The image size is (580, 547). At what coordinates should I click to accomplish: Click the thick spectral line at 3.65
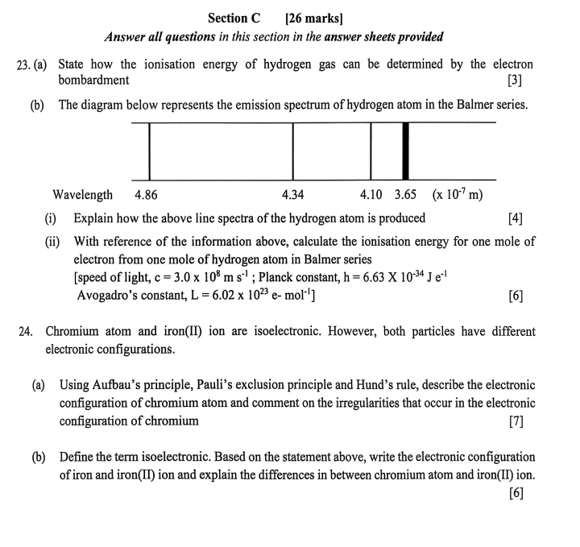point(405,151)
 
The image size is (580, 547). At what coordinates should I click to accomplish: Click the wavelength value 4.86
point(146,195)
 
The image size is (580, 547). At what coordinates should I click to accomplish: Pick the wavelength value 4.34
point(292,195)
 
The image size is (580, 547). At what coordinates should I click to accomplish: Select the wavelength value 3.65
point(405,195)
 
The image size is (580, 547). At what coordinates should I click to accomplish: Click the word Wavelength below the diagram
point(82,195)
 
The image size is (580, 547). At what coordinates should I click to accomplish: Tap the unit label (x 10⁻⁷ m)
point(457,194)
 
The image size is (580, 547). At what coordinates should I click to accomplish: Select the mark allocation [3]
point(516,80)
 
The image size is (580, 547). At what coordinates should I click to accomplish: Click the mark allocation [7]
point(516,421)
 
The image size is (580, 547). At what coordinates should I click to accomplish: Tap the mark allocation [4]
point(516,218)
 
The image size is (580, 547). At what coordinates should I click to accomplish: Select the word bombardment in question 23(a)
point(93,80)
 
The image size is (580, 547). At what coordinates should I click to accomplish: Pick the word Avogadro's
point(112,295)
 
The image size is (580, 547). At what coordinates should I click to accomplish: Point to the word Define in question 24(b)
point(78,456)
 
